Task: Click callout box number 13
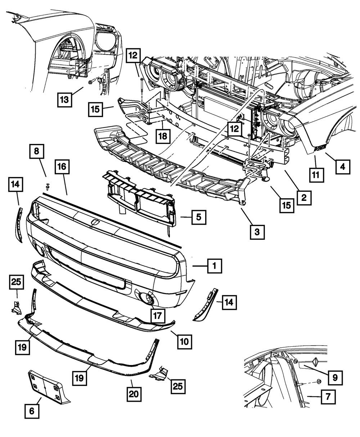click(64, 100)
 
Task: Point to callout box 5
click(199, 217)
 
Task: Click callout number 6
click(32, 411)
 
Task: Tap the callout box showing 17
click(158, 316)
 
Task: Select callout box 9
click(335, 378)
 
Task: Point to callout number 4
click(343, 167)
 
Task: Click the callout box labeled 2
click(304, 198)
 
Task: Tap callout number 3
click(257, 232)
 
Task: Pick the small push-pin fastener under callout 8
click(47, 186)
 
